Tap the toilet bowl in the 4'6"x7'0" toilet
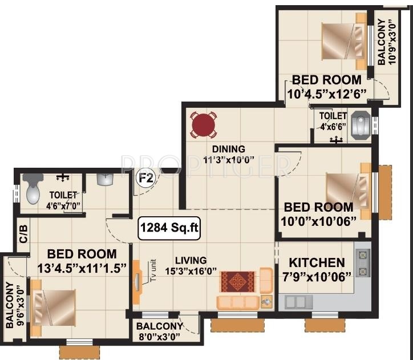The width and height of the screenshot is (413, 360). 31,192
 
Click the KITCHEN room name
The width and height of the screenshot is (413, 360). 317,263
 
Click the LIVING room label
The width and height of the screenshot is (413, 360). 191,260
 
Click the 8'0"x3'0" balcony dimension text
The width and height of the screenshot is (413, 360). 159,336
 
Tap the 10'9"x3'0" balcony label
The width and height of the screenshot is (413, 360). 386,42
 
